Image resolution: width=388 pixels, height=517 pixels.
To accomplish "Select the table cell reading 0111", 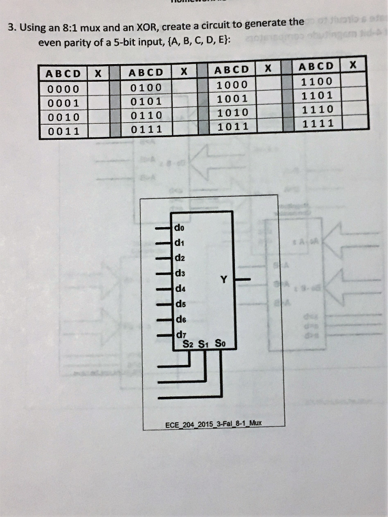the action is [x=146, y=129].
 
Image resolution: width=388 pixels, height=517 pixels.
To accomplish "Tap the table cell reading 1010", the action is [x=231, y=112].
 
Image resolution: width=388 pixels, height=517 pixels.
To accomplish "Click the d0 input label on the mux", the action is [x=179, y=228].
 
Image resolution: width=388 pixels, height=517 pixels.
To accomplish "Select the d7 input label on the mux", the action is [x=179, y=334].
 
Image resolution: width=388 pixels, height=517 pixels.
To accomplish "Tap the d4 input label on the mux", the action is [x=179, y=289].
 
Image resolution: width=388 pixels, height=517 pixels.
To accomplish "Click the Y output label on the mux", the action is [x=224, y=279].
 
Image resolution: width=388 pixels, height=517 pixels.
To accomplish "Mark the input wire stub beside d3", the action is [x=164, y=274].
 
